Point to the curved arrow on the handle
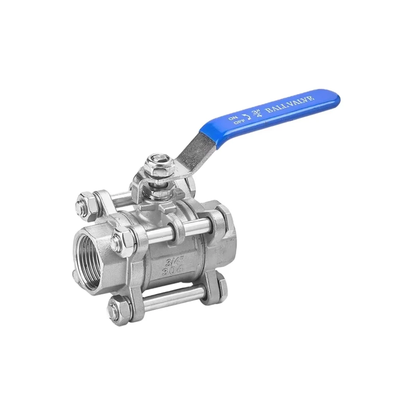[x=246, y=117]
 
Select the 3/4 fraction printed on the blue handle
[x=255, y=112]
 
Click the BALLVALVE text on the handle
[x=289, y=103]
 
